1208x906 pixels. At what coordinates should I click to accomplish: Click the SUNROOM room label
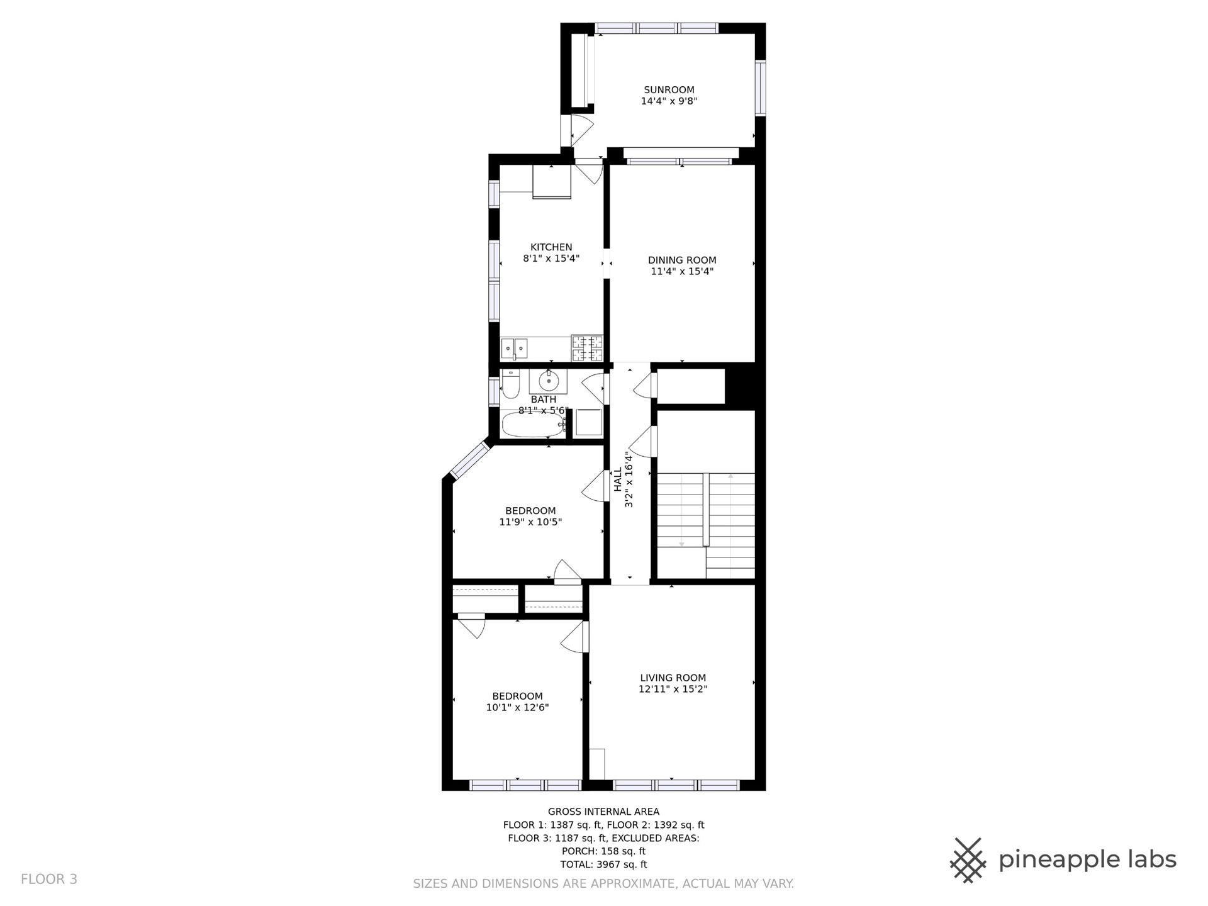[669, 90]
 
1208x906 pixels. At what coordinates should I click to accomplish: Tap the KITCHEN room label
[551, 247]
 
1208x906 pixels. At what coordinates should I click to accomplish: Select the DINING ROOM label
[682, 260]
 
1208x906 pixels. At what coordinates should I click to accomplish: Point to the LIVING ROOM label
[673, 678]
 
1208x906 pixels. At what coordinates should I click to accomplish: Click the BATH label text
[544, 400]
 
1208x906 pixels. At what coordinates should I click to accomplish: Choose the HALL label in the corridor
[618, 479]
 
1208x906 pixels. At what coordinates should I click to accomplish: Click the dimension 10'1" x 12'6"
[517, 707]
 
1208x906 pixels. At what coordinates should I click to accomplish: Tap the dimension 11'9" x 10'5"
[530, 522]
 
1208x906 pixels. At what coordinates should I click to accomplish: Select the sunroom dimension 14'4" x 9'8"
[669, 101]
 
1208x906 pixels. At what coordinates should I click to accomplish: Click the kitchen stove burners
[587, 349]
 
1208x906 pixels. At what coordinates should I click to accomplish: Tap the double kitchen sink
[515, 348]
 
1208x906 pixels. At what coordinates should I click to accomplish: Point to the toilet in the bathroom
[510, 384]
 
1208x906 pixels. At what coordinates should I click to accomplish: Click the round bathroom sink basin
[549, 381]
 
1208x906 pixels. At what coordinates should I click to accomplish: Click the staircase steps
[706, 525]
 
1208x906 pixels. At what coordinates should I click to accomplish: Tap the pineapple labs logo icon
[969, 859]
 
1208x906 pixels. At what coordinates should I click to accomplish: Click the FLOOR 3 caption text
[49, 879]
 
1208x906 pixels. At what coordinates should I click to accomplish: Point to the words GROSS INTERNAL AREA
[603, 812]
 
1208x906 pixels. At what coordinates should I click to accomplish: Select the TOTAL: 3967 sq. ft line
[603, 864]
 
